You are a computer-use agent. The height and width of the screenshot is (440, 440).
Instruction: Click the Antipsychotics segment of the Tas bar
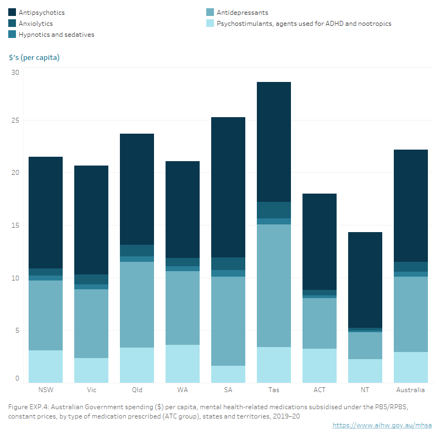pos(273,141)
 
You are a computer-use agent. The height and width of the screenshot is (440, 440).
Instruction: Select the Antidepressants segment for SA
pos(228,321)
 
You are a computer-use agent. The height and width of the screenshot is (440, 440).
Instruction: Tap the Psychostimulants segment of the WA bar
pos(182,364)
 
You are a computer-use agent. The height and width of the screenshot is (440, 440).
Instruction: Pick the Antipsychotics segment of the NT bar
pos(365,279)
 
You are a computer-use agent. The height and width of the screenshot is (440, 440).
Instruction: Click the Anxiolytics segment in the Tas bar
pos(273,210)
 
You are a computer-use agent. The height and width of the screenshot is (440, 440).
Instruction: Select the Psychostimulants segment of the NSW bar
pos(45,366)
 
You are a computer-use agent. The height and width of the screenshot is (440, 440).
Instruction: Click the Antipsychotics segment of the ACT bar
pos(319,241)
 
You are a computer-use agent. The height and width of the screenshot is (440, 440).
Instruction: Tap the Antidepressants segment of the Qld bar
pos(136,305)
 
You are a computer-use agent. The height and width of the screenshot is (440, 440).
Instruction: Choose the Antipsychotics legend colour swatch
pos(12,12)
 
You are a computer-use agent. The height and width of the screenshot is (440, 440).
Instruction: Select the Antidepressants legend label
pos(243,12)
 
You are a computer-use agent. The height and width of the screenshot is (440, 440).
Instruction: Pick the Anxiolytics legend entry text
pos(37,23)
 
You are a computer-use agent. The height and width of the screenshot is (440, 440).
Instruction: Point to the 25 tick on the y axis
pos(15,120)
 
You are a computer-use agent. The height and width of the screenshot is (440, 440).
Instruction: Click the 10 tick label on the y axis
pos(15,278)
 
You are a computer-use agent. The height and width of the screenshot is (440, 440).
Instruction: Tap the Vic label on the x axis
pos(91,390)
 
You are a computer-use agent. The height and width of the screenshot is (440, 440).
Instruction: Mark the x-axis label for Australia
pos(410,390)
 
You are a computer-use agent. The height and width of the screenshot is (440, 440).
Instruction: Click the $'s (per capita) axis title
pos(34,57)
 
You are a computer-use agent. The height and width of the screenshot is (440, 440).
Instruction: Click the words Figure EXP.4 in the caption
pos(29,406)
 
